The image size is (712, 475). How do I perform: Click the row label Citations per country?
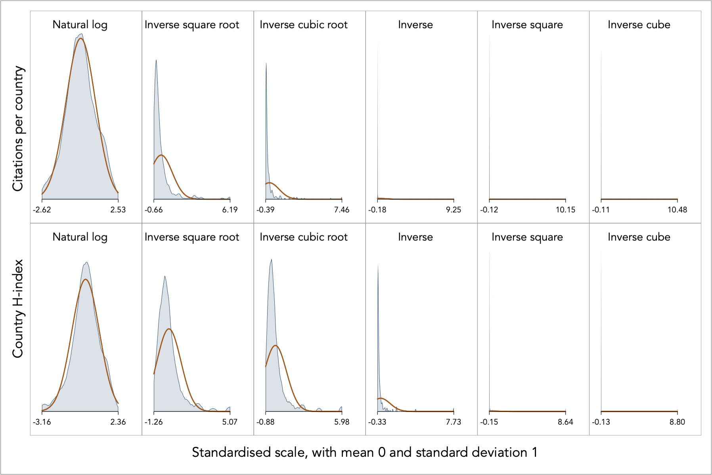(x=18, y=128)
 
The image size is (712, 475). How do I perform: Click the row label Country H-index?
(x=18, y=308)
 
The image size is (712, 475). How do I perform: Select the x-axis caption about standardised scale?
(x=365, y=452)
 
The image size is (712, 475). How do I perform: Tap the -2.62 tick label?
(x=42, y=210)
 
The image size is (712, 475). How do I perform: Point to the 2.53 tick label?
(x=118, y=210)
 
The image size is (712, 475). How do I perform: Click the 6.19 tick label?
(x=230, y=210)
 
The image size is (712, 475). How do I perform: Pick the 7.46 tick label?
(x=341, y=210)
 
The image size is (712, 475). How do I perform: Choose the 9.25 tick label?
(x=453, y=210)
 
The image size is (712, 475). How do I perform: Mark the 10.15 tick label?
(x=565, y=210)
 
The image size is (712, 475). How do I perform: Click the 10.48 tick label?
(x=677, y=210)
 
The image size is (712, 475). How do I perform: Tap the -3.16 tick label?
(x=42, y=422)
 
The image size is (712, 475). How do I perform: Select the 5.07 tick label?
(x=230, y=422)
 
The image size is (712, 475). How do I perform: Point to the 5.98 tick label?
(x=341, y=422)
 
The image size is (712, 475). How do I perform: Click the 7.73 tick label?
(x=453, y=422)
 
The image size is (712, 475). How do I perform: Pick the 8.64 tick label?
(x=565, y=422)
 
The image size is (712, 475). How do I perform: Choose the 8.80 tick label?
(x=677, y=422)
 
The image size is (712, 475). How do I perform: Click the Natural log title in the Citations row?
(x=80, y=25)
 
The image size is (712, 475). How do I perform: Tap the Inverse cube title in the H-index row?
(x=639, y=237)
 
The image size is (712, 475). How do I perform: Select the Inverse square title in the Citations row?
(x=527, y=25)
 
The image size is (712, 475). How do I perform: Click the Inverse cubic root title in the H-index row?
(x=304, y=237)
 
